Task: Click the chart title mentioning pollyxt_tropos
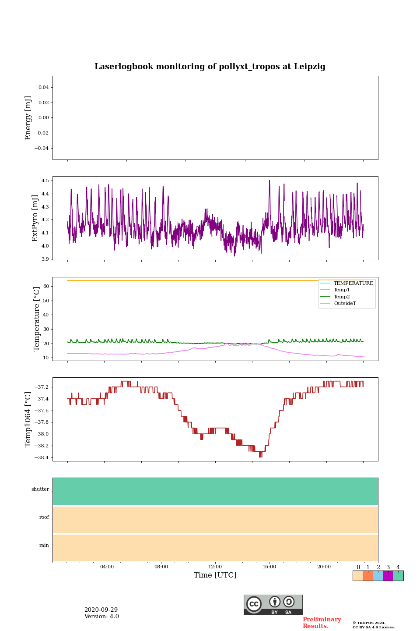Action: click(x=210, y=67)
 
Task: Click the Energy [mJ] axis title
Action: click(x=28, y=118)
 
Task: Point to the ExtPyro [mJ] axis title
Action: click(x=35, y=218)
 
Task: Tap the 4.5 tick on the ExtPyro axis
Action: click(x=45, y=181)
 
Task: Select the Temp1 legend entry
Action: click(x=342, y=290)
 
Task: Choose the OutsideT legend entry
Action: click(x=345, y=304)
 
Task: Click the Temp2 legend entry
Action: click(x=342, y=297)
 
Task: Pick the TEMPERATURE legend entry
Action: click(x=353, y=284)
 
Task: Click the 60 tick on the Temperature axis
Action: click(x=45, y=286)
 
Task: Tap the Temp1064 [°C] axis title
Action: click(x=28, y=419)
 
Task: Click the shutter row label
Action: click(x=40, y=489)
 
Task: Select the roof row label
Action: click(x=44, y=518)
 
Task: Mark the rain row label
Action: click(x=44, y=546)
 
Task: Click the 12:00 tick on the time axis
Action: click(x=215, y=567)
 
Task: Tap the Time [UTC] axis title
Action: click(x=215, y=575)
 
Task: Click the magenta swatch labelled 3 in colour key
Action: click(x=388, y=576)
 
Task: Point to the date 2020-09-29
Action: click(x=101, y=610)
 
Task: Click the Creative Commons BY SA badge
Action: click(x=273, y=605)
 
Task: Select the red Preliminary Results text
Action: click(x=322, y=623)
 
